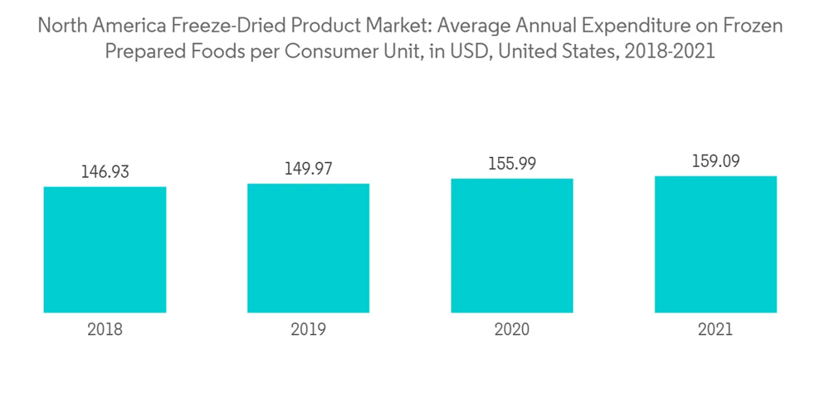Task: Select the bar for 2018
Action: (x=105, y=249)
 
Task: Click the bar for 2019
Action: (x=308, y=248)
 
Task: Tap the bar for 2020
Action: (x=512, y=245)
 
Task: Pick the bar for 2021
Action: (x=715, y=244)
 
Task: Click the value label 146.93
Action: (x=105, y=172)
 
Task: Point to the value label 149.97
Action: (x=308, y=169)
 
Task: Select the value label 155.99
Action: (x=512, y=164)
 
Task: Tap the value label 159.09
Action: (x=715, y=161)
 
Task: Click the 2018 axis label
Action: (x=105, y=329)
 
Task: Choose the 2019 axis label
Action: (x=308, y=329)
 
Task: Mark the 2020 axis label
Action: (x=512, y=329)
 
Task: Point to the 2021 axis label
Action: (x=715, y=329)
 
